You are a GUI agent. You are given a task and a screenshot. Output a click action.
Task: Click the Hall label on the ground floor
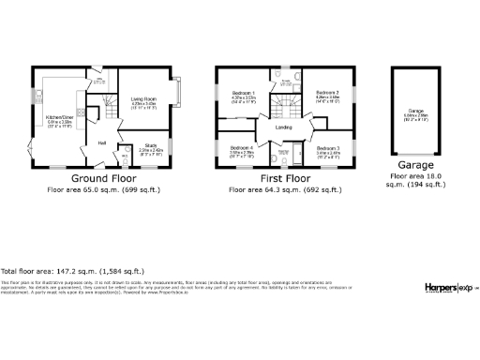click(101, 143)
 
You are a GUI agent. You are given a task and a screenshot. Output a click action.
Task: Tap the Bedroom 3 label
click(327, 149)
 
